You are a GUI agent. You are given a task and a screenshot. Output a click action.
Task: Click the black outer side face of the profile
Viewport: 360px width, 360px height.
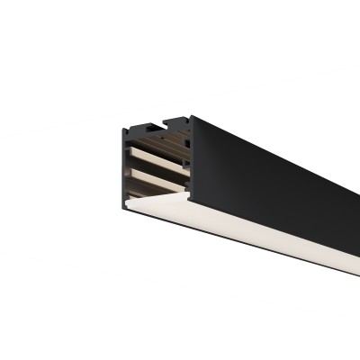click(x=270, y=180)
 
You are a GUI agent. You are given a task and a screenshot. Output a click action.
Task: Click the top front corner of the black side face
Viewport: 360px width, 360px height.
click(x=191, y=115)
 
